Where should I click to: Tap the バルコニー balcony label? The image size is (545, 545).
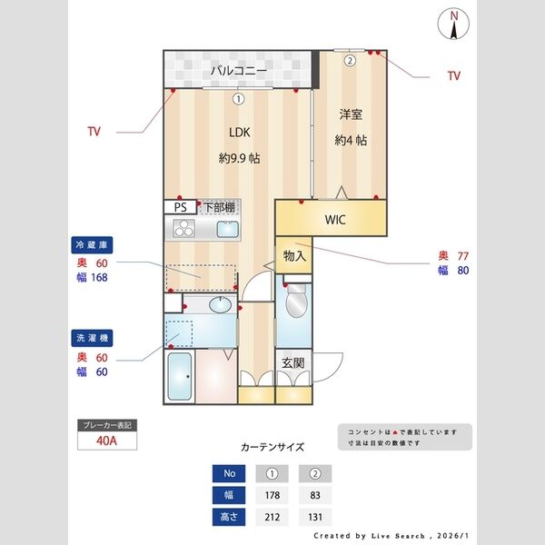point(239,69)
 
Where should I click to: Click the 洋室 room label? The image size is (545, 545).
point(351,114)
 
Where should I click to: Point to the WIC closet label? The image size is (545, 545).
point(334,219)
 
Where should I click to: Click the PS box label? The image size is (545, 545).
point(180,206)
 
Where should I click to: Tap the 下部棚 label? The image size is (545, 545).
point(217,206)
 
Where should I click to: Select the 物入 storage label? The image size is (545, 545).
point(294,256)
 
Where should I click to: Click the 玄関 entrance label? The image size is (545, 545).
point(292,363)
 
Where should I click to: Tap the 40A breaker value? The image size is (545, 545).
point(108,442)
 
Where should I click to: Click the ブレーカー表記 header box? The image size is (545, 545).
point(108,425)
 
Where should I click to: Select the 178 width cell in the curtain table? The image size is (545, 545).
point(272,496)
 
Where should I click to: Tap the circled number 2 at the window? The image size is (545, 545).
point(350,60)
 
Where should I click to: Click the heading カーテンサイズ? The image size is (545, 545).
point(272,447)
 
